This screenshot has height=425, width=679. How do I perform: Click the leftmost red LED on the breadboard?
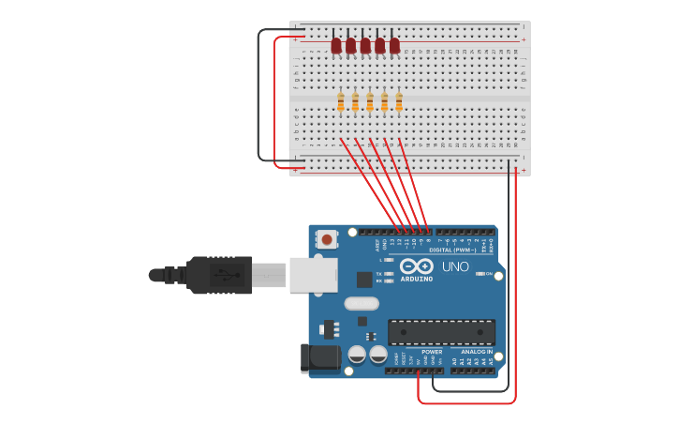tap(336, 45)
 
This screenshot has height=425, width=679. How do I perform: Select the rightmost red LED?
tap(394, 45)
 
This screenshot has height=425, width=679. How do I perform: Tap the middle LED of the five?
tap(365, 45)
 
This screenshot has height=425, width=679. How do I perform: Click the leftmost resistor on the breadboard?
tap(341, 102)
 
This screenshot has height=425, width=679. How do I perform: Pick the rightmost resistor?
tap(399, 102)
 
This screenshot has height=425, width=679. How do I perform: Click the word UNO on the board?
tap(455, 266)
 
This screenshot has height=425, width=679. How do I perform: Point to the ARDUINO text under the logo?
tap(417, 279)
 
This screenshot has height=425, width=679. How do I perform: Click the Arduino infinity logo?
tap(417, 266)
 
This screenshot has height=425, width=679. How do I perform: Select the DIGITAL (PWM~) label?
tap(452, 250)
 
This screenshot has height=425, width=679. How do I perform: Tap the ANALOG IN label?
tap(476, 352)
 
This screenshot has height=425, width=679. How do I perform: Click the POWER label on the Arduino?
tap(432, 352)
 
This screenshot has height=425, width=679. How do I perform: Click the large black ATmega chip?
tap(441, 331)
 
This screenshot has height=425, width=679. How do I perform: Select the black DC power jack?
tap(320, 357)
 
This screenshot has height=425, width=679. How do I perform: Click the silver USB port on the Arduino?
tap(313, 275)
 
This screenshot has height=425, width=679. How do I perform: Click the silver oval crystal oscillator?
tap(362, 303)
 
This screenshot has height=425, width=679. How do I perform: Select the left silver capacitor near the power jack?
tap(357, 355)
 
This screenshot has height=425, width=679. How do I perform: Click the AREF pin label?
tap(377, 246)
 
